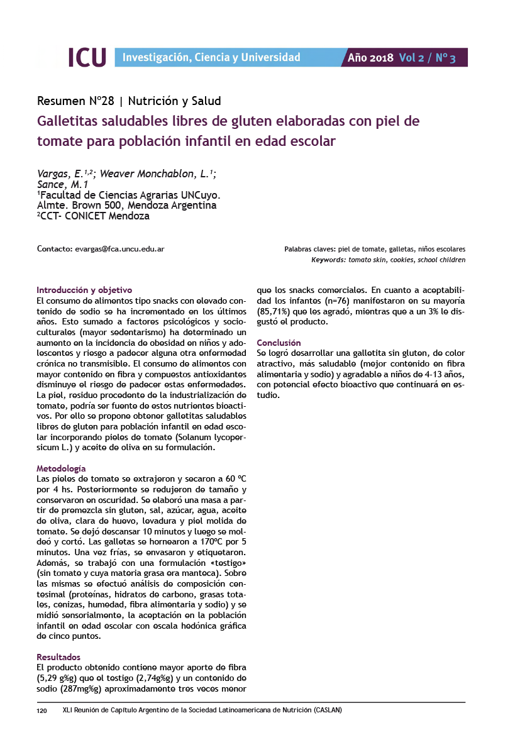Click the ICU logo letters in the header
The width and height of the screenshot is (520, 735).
click(x=86, y=57)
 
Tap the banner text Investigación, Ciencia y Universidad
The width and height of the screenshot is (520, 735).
click(x=211, y=58)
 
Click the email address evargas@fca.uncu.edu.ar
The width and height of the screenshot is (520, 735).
click(x=120, y=249)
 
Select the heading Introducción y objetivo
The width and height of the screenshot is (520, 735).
click(x=84, y=290)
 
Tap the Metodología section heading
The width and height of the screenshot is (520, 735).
click(x=61, y=468)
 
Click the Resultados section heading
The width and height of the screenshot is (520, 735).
click(x=58, y=656)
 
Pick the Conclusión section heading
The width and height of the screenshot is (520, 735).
click(x=279, y=343)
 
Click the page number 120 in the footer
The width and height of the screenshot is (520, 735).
click(x=42, y=710)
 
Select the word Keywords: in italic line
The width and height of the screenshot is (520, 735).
click(x=328, y=260)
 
